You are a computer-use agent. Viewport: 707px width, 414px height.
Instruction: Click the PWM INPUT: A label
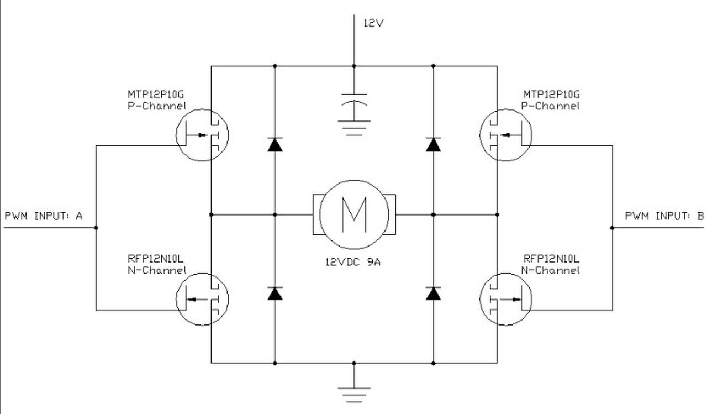43,216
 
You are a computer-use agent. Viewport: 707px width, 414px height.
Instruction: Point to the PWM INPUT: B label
664,216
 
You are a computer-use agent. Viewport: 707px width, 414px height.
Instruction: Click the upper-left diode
275,145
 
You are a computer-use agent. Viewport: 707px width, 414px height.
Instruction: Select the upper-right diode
434,145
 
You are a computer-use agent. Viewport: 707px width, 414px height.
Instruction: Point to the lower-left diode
275,294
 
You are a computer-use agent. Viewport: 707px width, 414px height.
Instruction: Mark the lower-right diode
434,294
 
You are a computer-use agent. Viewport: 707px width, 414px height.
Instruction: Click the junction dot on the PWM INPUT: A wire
96,227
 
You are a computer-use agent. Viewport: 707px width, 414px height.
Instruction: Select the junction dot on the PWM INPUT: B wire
612,227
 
